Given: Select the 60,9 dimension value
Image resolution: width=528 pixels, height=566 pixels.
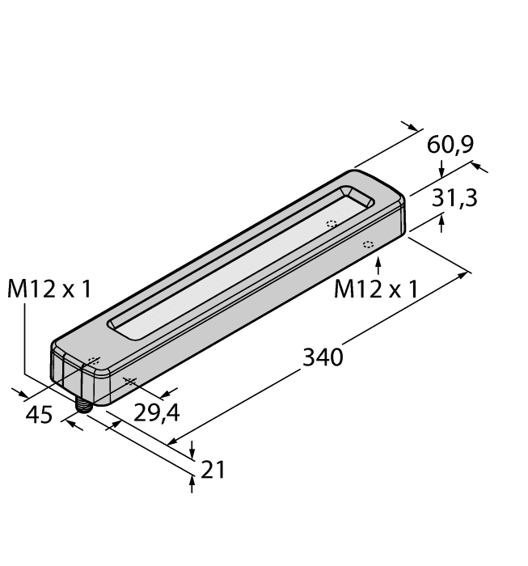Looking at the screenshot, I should click(x=450, y=145).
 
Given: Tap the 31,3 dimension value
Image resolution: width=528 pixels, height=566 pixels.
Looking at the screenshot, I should click(x=454, y=198).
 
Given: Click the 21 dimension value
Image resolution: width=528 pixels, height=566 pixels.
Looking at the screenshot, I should click(x=212, y=469).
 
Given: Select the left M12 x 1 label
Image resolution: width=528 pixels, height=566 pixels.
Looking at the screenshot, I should click(x=49, y=289).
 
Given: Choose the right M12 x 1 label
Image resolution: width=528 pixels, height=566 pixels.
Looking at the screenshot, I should click(x=376, y=289).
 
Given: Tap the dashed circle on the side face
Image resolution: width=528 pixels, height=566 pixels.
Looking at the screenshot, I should click(x=367, y=244).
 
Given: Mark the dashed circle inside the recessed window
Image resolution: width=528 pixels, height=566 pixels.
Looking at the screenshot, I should click(x=331, y=225).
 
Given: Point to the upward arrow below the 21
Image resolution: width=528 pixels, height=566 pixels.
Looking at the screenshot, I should click(x=192, y=484).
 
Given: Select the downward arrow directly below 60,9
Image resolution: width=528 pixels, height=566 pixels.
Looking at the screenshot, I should click(x=441, y=170).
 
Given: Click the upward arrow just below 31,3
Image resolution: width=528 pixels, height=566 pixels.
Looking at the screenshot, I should click(x=441, y=222).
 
